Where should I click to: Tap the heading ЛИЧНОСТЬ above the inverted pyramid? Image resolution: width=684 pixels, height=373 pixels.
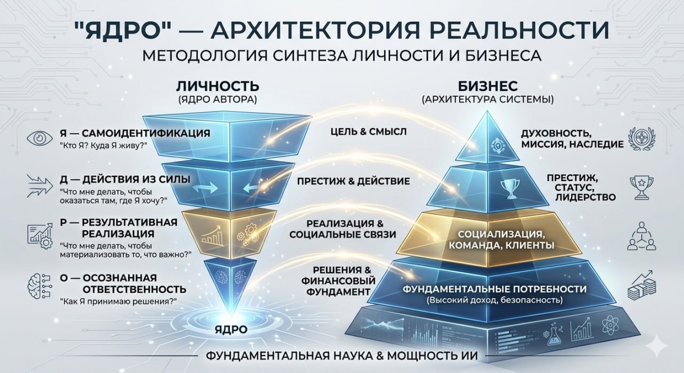(x=218, y=87)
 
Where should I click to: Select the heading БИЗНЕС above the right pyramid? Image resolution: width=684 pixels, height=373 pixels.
(x=488, y=87)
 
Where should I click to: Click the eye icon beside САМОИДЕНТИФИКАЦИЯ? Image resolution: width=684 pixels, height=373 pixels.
(x=40, y=138)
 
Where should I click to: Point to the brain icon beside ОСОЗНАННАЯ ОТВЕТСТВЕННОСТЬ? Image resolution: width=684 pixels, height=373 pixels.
(x=40, y=286)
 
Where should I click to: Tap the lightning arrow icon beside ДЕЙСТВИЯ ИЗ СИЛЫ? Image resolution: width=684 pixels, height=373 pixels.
(x=40, y=186)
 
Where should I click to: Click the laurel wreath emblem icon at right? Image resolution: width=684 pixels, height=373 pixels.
(x=642, y=139)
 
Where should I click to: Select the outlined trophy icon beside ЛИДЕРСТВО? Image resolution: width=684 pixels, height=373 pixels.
(x=642, y=187)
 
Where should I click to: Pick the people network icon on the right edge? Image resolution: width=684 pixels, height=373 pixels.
(x=642, y=236)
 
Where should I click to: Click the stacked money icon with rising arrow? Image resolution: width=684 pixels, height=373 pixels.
(x=642, y=285)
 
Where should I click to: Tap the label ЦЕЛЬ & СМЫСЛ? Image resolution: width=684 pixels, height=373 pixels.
(x=369, y=132)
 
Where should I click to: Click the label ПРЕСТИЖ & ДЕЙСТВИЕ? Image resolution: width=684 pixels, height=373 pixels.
(x=353, y=182)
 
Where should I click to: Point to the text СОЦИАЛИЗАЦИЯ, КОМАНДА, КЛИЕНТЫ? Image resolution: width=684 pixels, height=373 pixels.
(x=501, y=240)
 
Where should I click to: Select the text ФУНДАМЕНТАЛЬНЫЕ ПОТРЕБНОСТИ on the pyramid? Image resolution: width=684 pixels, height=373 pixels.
(x=495, y=289)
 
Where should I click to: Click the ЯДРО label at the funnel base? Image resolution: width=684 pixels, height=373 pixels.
(x=231, y=330)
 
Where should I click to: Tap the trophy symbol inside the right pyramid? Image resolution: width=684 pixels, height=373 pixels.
(x=510, y=188)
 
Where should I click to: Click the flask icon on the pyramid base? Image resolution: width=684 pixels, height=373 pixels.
(x=554, y=334)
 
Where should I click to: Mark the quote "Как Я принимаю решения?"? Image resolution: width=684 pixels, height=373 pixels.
(x=119, y=302)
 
